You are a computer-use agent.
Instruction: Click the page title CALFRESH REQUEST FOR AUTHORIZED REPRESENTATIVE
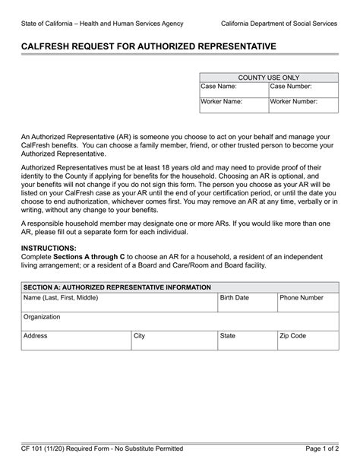148,46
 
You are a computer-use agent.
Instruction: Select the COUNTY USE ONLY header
269,77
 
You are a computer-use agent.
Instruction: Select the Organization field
179,320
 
